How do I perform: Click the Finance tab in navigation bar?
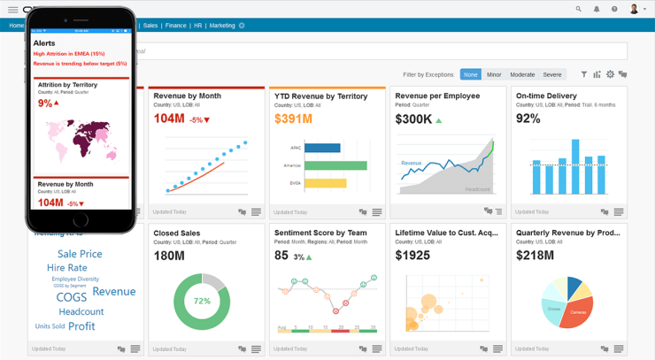click(x=175, y=26)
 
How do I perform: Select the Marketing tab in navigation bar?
click(x=222, y=26)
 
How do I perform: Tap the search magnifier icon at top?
click(x=579, y=9)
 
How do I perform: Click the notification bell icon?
click(x=597, y=9)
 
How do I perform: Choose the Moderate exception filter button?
click(x=522, y=74)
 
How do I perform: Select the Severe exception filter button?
click(x=552, y=74)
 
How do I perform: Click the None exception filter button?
click(x=470, y=74)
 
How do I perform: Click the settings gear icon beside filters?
click(x=610, y=74)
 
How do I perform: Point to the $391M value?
click(x=293, y=119)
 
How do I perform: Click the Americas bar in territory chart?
click(x=335, y=165)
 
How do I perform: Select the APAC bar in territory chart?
click(x=322, y=149)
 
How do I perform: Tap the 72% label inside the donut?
click(x=202, y=301)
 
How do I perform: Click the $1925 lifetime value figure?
click(x=412, y=256)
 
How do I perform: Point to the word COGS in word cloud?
click(x=72, y=297)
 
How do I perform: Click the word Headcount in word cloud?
click(x=81, y=311)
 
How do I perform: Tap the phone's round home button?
click(x=81, y=219)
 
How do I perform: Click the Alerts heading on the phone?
click(x=44, y=42)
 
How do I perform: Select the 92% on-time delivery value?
click(x=528, y=119)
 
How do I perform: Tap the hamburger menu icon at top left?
click(x=13, y=9)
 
